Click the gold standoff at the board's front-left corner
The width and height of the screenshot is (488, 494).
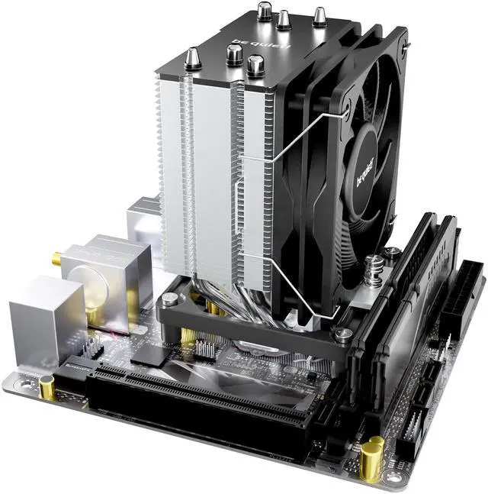48,389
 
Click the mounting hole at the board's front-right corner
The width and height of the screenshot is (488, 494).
400,478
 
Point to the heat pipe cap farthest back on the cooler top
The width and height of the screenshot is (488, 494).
265,11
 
